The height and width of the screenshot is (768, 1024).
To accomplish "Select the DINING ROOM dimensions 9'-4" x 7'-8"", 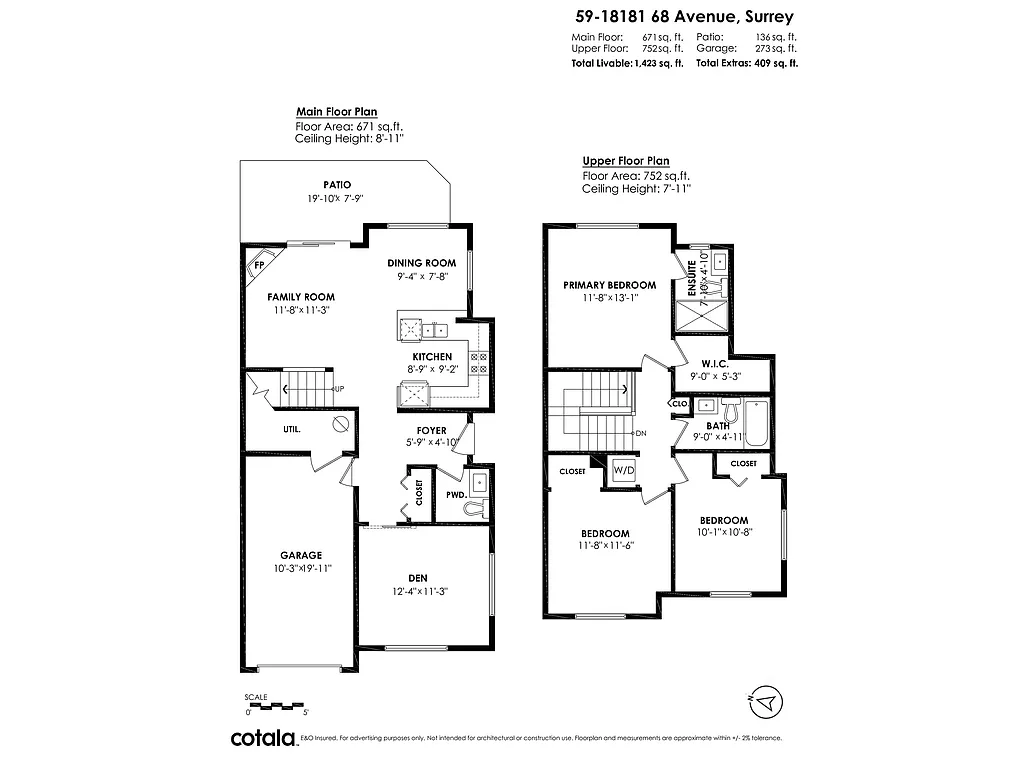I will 421,277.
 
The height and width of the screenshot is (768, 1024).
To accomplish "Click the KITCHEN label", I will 432,357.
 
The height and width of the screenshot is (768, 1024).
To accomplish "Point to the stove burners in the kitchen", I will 479,362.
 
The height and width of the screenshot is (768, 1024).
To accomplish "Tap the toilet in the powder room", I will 475,509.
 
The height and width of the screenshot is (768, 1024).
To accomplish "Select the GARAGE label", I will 300,555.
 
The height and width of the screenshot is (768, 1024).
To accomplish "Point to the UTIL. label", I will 292,429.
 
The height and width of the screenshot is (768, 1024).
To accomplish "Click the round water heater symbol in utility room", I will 339,424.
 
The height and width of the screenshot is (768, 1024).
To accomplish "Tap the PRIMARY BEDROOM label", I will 609,285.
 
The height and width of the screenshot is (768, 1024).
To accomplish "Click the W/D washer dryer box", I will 623,469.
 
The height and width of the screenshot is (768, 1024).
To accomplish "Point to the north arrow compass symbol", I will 765,703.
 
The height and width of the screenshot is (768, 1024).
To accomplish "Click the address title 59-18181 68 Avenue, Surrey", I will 684,17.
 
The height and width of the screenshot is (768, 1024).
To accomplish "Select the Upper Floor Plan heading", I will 626,161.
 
